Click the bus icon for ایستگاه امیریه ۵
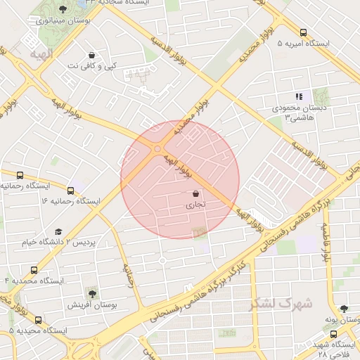[303, 32]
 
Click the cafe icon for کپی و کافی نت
[91, 55]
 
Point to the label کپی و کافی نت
[91, 65]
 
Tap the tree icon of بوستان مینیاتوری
[63, 10]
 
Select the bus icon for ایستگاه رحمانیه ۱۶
[70, 190]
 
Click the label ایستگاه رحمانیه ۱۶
[70, 201]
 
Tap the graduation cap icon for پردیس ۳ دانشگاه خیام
[59, 231]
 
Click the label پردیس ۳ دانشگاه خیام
[59, 242]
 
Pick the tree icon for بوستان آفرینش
[91, 293]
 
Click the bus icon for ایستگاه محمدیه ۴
[34, 270]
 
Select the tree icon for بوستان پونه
[343, 309]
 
